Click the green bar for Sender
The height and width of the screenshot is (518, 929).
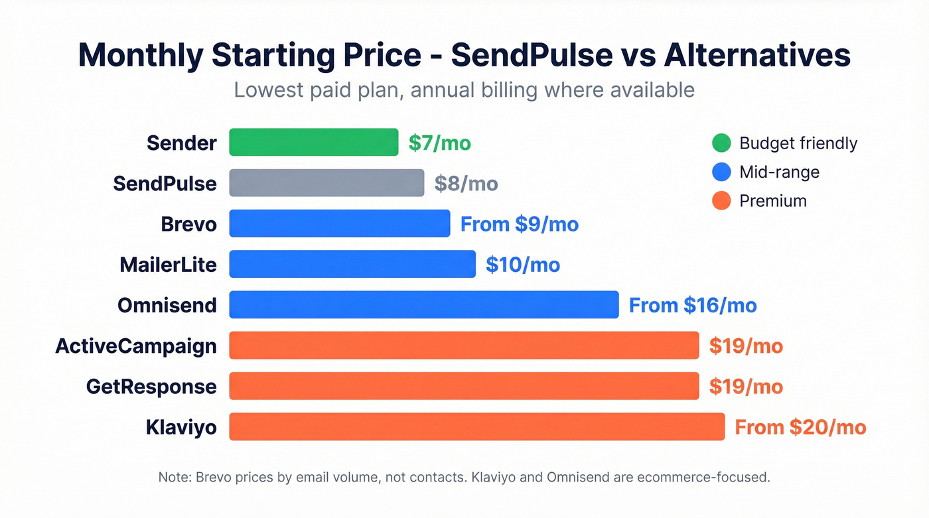(313, 143)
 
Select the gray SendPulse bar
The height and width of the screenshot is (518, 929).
(326, 183)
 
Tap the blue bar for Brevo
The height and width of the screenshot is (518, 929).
(339, 224)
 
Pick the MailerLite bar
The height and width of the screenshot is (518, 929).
(352, 264)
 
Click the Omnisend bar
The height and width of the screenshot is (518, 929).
(423, 305)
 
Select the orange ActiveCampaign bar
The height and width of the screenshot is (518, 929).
(464, 346)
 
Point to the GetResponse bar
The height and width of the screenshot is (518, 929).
(464, 386)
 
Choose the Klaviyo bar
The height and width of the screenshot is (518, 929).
(476, 426)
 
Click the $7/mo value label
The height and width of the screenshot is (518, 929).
(439, 143)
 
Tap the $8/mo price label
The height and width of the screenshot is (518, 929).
(466, 184)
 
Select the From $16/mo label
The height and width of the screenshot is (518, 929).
(692, 306)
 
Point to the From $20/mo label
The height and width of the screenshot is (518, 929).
(800, 427)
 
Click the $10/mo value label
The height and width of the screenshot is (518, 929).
(523, 265)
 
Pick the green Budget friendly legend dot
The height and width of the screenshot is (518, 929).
(721, 143)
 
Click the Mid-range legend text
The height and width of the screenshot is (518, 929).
(779, 172)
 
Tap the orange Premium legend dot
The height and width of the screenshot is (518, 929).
(721, 200)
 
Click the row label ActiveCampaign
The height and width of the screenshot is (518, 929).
(136, 346)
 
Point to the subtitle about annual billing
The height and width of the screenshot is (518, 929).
(464, 90)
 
